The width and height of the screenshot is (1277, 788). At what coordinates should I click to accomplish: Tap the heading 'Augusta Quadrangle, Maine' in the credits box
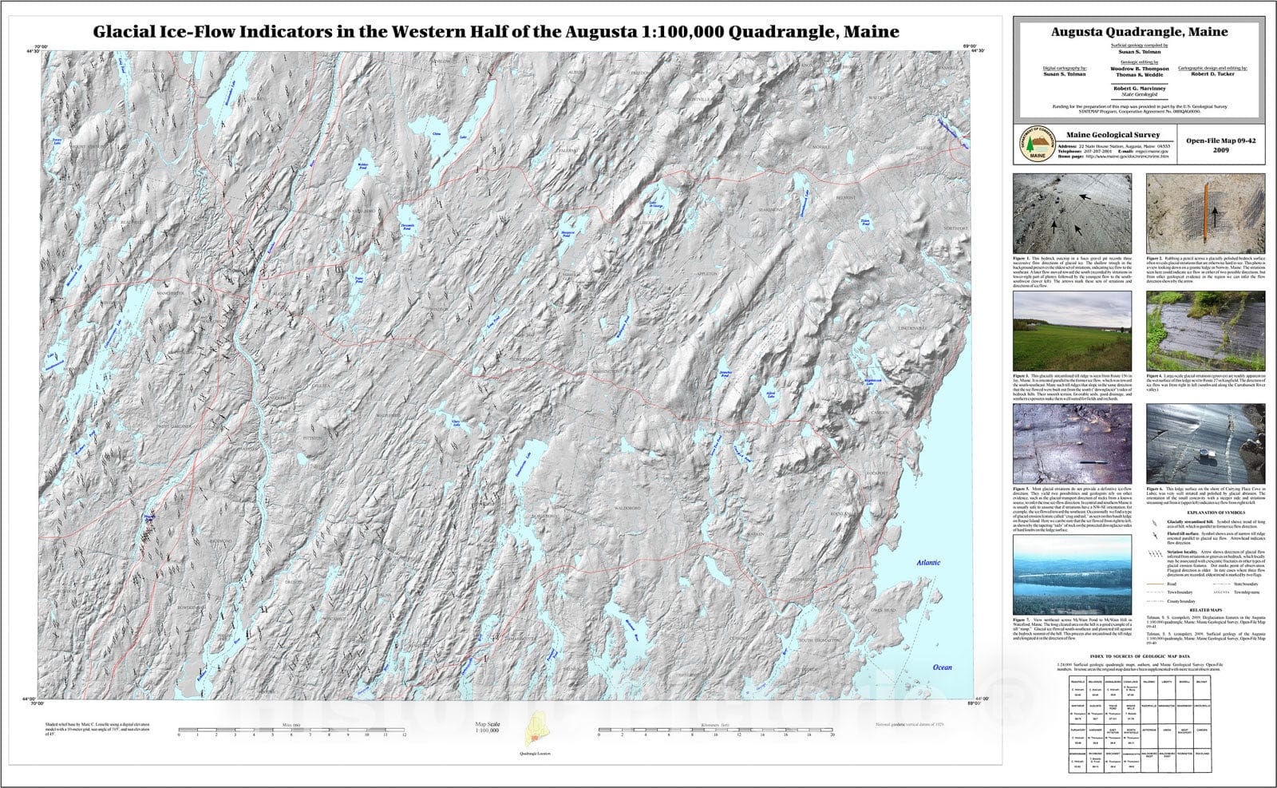[x=1139, y=32]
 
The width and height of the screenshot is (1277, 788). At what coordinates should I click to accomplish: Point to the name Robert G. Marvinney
[x=1139, y=88]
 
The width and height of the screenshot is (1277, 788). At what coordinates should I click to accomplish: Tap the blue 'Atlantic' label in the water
[x=928, y=562]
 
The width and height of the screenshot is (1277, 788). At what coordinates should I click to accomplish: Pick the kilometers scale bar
[x=715, y=729]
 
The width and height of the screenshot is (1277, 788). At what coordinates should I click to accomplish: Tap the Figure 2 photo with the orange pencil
[x=1205, y=213]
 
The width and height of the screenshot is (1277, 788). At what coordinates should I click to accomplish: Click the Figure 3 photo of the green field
[x=1072, y=331]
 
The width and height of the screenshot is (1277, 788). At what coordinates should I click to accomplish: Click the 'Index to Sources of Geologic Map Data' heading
[x=1139, y=654]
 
